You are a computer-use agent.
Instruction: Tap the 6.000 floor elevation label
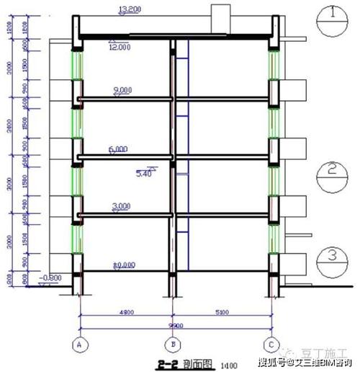118,149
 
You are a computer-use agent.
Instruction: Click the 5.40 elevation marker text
146,174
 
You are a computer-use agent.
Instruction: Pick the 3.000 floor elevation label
122,206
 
